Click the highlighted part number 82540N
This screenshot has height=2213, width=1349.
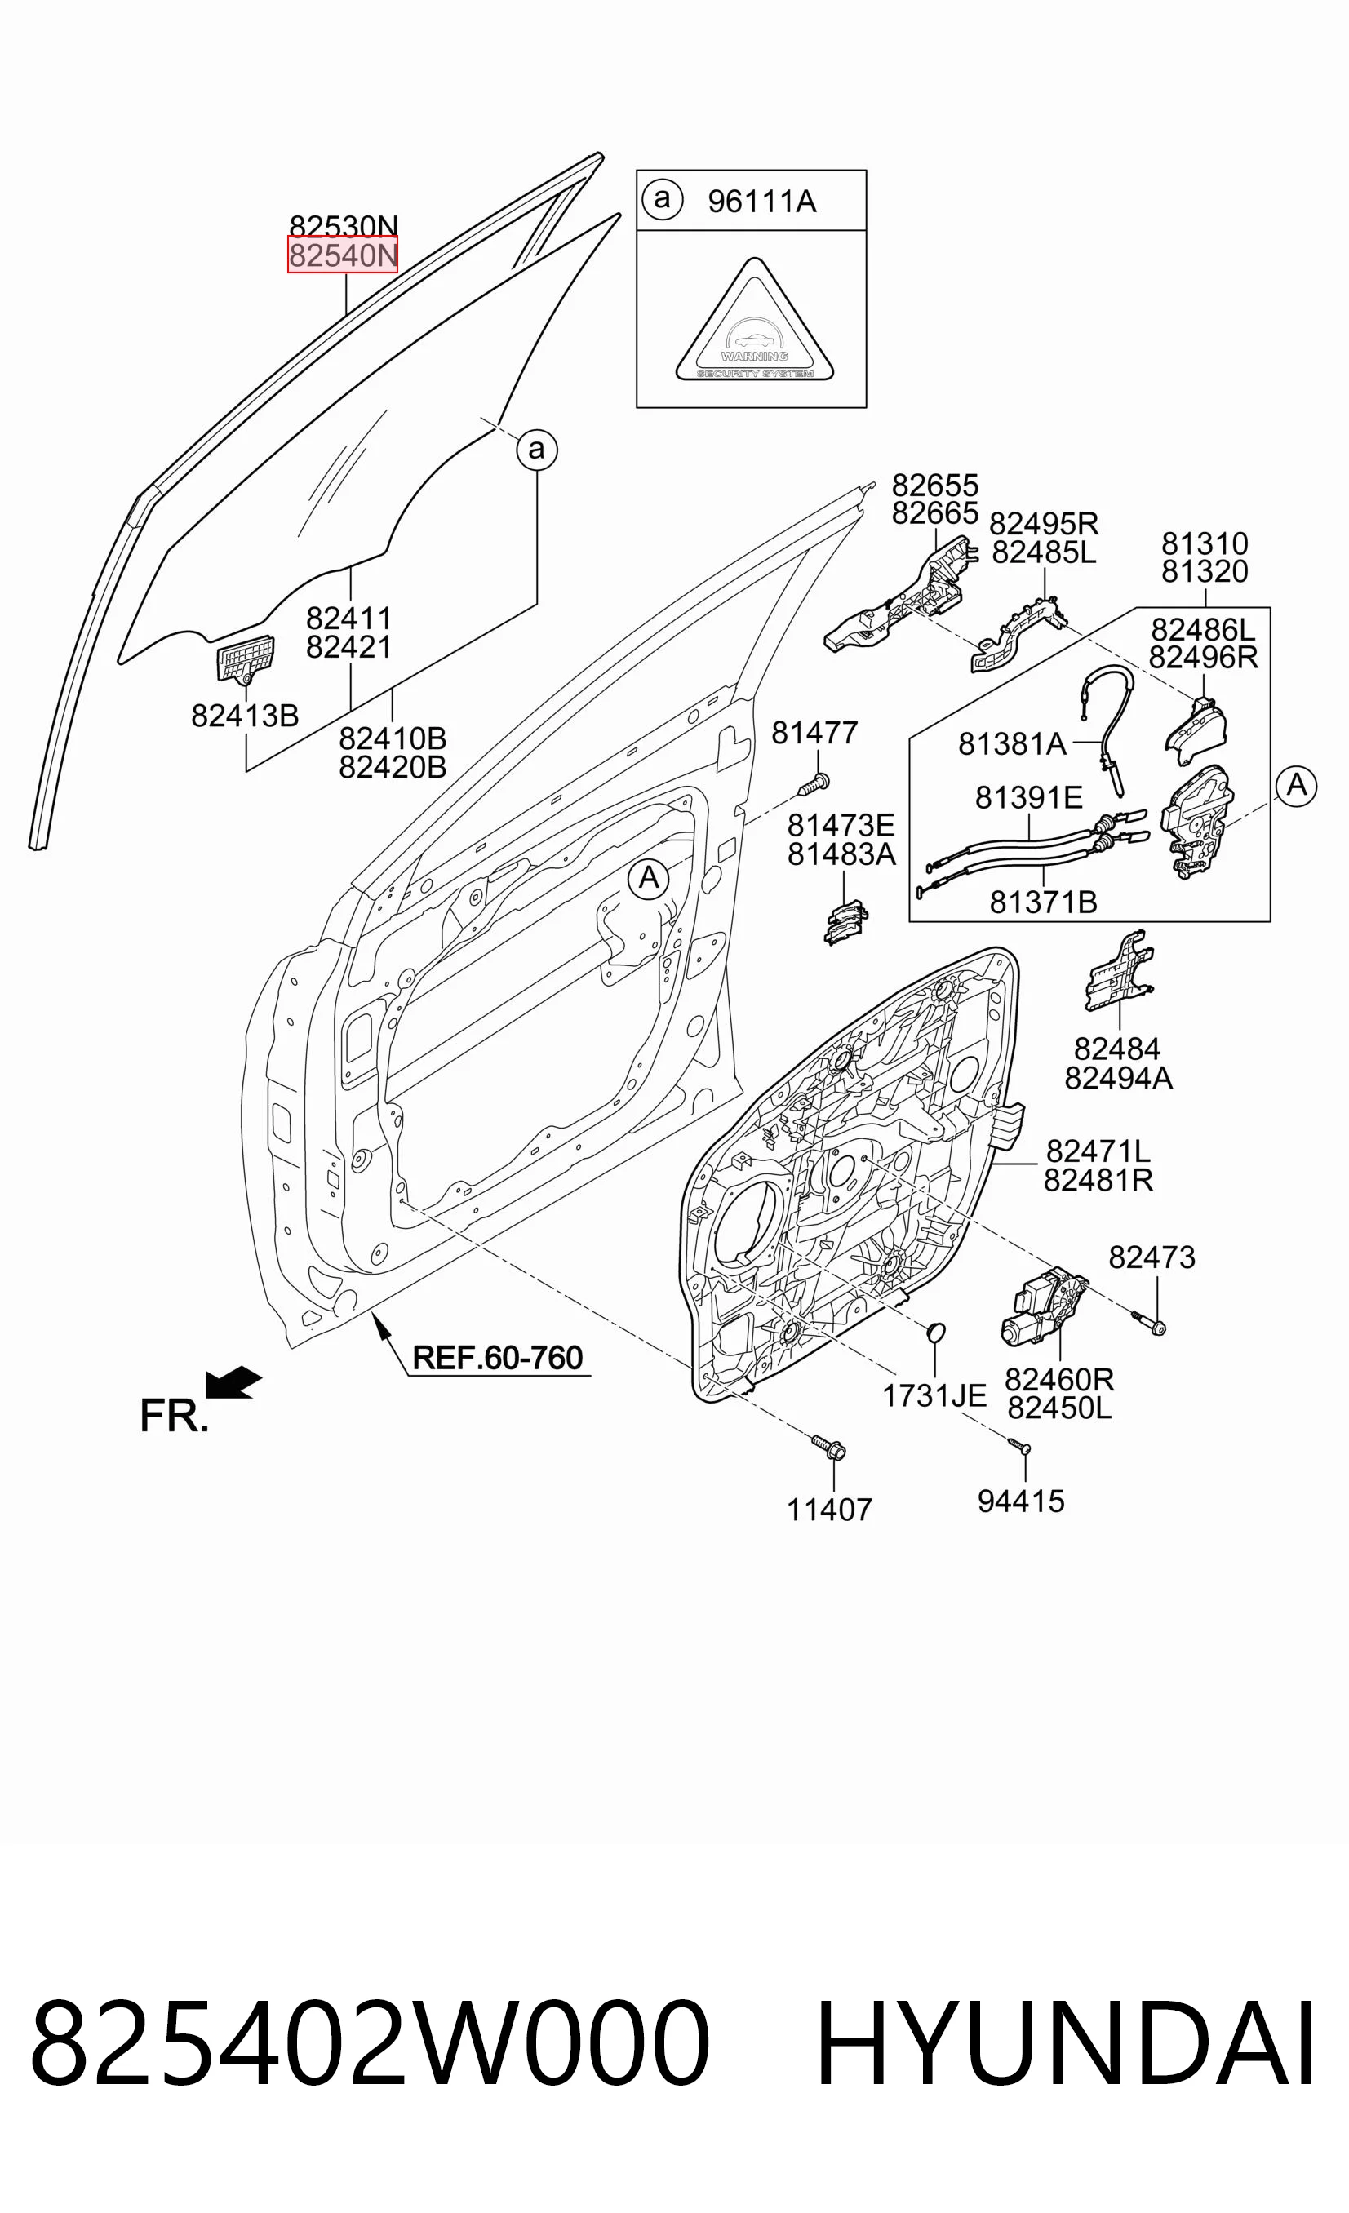[342, 255]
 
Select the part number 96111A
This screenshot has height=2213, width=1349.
[761, 202]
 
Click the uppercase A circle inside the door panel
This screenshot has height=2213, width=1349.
[649, 877]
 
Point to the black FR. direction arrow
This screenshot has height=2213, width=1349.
[233, 1383]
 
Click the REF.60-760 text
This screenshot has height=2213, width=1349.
[498, 1358]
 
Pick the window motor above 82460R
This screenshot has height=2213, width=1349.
[1043, 1308]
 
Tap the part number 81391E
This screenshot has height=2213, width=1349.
[1028, 796]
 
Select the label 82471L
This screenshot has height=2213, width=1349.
[1098, 1151]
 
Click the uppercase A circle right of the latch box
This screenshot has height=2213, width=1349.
[1296, 786]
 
